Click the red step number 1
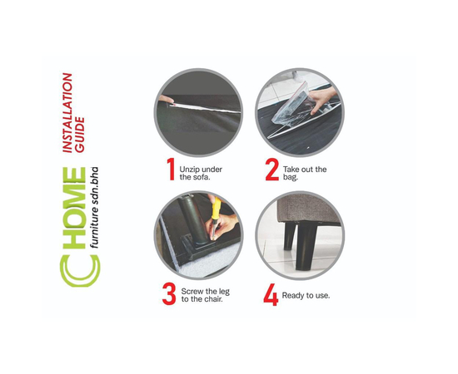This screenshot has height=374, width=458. pyautogui.click(x=171, y=169)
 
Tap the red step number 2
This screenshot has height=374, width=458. pyautogui.click(x=272, y=170)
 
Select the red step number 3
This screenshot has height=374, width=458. pyautogui.click(x=169, y=294)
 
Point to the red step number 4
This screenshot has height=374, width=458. pyautogui.click(x=271, y=295)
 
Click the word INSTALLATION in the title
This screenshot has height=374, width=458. pyautogui.click(x=67, y=113)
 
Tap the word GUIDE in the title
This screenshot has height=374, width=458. pyautogui.click(x=80, y=135)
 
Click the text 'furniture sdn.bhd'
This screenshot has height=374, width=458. pyautogui.click(x=94, y=208)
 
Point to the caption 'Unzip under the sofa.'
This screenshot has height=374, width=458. pyautogui.click(x=201, y=173)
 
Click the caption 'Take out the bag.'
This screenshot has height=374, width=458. pyautogui.click(x=304, y=173)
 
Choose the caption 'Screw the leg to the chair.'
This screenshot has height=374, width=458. pyautogui.click(x=205, y=295)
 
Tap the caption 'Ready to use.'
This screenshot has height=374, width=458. pyautogui.click(x=306, y=295)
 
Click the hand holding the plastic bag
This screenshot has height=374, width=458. pyautogui.click(x=322, y=99)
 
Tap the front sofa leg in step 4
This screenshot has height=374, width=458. pyautogui.click(x=306, y=245)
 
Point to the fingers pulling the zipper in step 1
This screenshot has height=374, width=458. pyautogui.click(x=166, y=100)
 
